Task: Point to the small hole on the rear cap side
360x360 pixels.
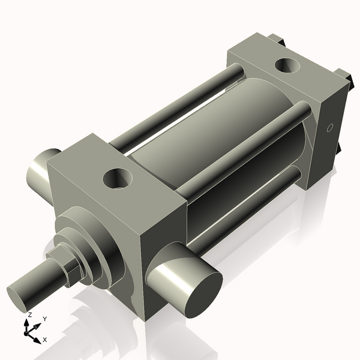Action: tap(328, 128)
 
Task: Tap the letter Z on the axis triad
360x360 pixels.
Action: tap(29, 314)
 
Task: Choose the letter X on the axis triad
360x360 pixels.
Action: tap(45, 340)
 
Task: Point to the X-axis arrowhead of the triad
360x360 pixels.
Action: tap(37, 340)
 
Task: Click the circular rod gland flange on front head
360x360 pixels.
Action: tap(90, 240)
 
